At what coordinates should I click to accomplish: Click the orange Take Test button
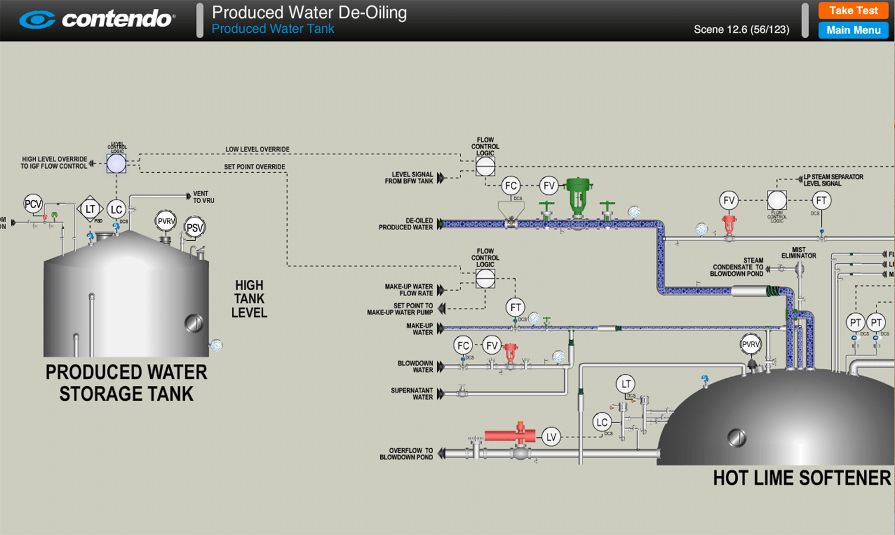click(x=853, y=11)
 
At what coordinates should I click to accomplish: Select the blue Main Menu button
click(x=853, y=30)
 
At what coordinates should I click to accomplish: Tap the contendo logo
click(x=97, y=19)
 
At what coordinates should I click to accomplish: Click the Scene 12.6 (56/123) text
click(x=741, y=30)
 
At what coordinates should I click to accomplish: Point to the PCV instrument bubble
click(x=33, y=204)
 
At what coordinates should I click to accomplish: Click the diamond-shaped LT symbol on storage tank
click(x=90, y=209)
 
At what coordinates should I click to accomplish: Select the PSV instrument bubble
click(x=194, y=228)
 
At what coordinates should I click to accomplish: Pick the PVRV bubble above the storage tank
click(x=166, y=221)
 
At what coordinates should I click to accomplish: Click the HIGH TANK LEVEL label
click(x=249, y=299)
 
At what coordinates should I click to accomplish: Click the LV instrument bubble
click(x=551, y=437)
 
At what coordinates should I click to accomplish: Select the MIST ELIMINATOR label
click(x=798, y=253)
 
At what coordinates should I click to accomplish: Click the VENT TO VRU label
click(x=203, y=197)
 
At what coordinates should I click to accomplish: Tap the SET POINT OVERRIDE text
click(x=254, y=167)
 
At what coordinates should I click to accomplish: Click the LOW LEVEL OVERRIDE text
click(x=257, y=150)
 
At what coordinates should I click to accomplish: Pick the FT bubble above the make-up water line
click(x=515, y=307)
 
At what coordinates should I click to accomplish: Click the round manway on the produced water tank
click(x=194, y=323)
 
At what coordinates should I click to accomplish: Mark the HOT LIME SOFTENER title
click(x=801, y=478)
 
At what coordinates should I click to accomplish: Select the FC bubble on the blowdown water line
click(x=463, y=346)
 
